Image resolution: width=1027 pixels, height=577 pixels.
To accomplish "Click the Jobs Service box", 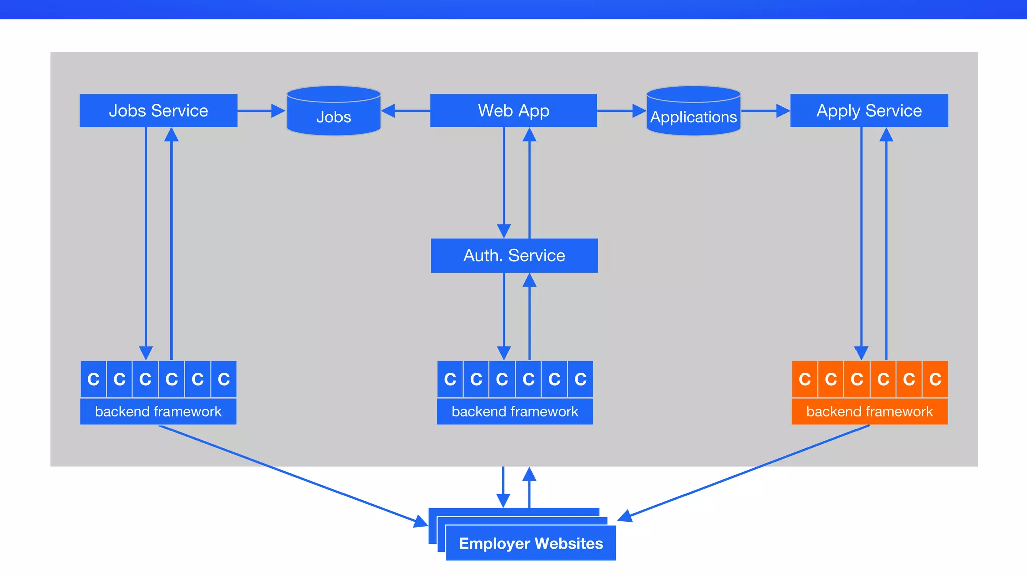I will click(158, 110).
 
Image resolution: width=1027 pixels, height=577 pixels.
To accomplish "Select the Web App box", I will click(513, 110).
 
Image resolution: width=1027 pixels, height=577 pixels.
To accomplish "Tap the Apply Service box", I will click(869, 110).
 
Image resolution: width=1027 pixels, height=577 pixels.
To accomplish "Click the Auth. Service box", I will click(514, 255).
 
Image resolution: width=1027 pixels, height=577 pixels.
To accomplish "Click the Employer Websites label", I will click(531, 543).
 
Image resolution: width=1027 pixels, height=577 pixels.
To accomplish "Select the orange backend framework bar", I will click(869, 411).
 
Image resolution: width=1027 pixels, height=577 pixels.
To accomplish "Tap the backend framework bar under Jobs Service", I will click(158, 411).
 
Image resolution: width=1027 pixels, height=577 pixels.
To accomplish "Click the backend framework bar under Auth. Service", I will click(515, 411).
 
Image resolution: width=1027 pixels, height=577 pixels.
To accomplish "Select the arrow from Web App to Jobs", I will click(406, 111).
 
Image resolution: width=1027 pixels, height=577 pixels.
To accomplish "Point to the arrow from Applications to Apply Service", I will click(765, 111).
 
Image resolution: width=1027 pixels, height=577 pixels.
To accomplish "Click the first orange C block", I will click(804, 379).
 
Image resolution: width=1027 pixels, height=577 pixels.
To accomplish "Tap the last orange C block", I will click(935, 379).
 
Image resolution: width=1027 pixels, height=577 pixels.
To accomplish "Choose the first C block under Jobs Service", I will click(93, 379).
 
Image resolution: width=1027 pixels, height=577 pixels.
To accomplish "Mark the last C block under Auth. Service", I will click(580, 379).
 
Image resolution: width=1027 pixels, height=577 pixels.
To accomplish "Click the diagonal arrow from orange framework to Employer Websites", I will click(747, 471).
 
